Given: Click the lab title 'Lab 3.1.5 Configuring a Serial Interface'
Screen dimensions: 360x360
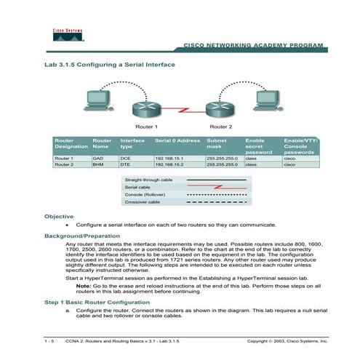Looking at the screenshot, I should pyautogui.click(x=110, y=65).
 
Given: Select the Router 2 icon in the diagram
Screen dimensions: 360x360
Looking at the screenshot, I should pyautogui.click(x=220, y=109).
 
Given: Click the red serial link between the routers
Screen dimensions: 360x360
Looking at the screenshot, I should pyautogui.click(x=183, y=110).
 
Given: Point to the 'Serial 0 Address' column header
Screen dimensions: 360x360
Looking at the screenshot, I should pyautogui.click(x=177, y=139).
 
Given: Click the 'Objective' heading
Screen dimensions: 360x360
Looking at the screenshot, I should pyautogui.click(x=60, y=216).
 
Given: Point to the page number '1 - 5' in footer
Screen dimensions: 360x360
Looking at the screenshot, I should pyautogui.click(x=50, y=340).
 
